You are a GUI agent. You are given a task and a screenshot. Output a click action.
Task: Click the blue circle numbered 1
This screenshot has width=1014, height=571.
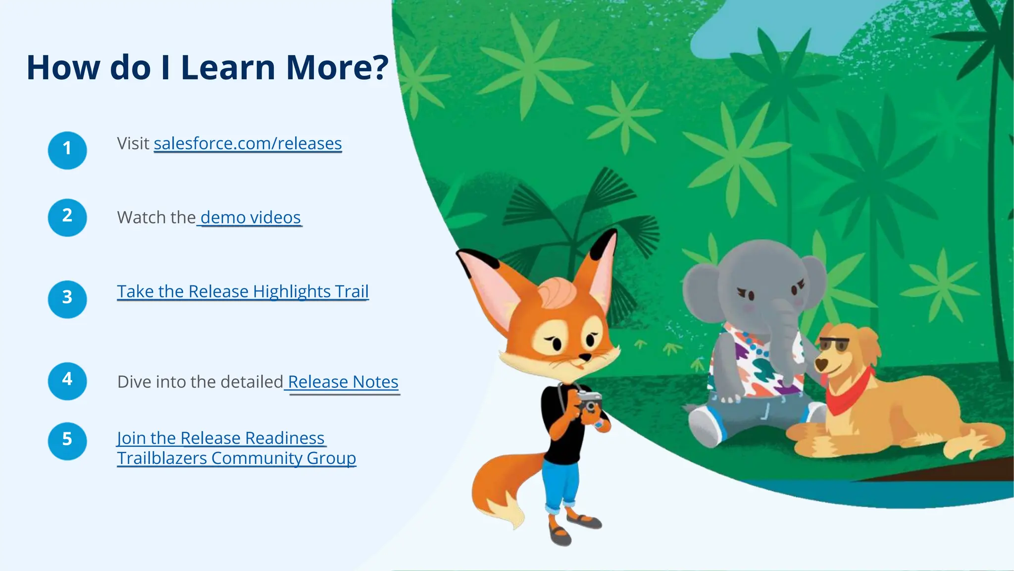[x=67, y=150]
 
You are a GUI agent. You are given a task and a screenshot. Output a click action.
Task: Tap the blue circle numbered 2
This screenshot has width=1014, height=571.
[x=67, y=217]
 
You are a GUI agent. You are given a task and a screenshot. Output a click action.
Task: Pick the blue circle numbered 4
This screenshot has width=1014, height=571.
[x=67, y=381]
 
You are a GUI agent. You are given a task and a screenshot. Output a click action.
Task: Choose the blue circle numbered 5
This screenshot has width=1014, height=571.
[x=67, y=441]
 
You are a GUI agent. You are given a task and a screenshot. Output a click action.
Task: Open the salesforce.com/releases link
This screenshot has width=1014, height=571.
[x=248, y=144]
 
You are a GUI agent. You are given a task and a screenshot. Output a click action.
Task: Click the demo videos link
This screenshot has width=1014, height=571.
[x=251, y=218]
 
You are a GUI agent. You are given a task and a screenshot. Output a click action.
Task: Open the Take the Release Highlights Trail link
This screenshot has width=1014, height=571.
[x=243, y=291]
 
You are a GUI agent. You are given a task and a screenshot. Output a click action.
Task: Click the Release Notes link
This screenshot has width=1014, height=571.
[x=343, y=382]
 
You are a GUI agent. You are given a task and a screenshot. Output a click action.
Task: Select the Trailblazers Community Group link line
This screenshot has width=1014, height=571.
[x=237, y=458]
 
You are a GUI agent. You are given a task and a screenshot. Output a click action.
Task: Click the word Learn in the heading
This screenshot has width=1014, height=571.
[x=228, y=67]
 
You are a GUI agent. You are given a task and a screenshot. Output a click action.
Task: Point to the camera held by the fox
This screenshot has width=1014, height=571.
[x=589, y=401]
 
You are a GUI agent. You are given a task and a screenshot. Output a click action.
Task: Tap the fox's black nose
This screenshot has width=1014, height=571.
[x=585, y=357]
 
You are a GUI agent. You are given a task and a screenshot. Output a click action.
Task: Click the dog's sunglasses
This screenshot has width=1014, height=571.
[x=833, y=344]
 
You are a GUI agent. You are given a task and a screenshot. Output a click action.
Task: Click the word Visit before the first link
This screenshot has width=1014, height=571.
[x=133, y=144]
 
